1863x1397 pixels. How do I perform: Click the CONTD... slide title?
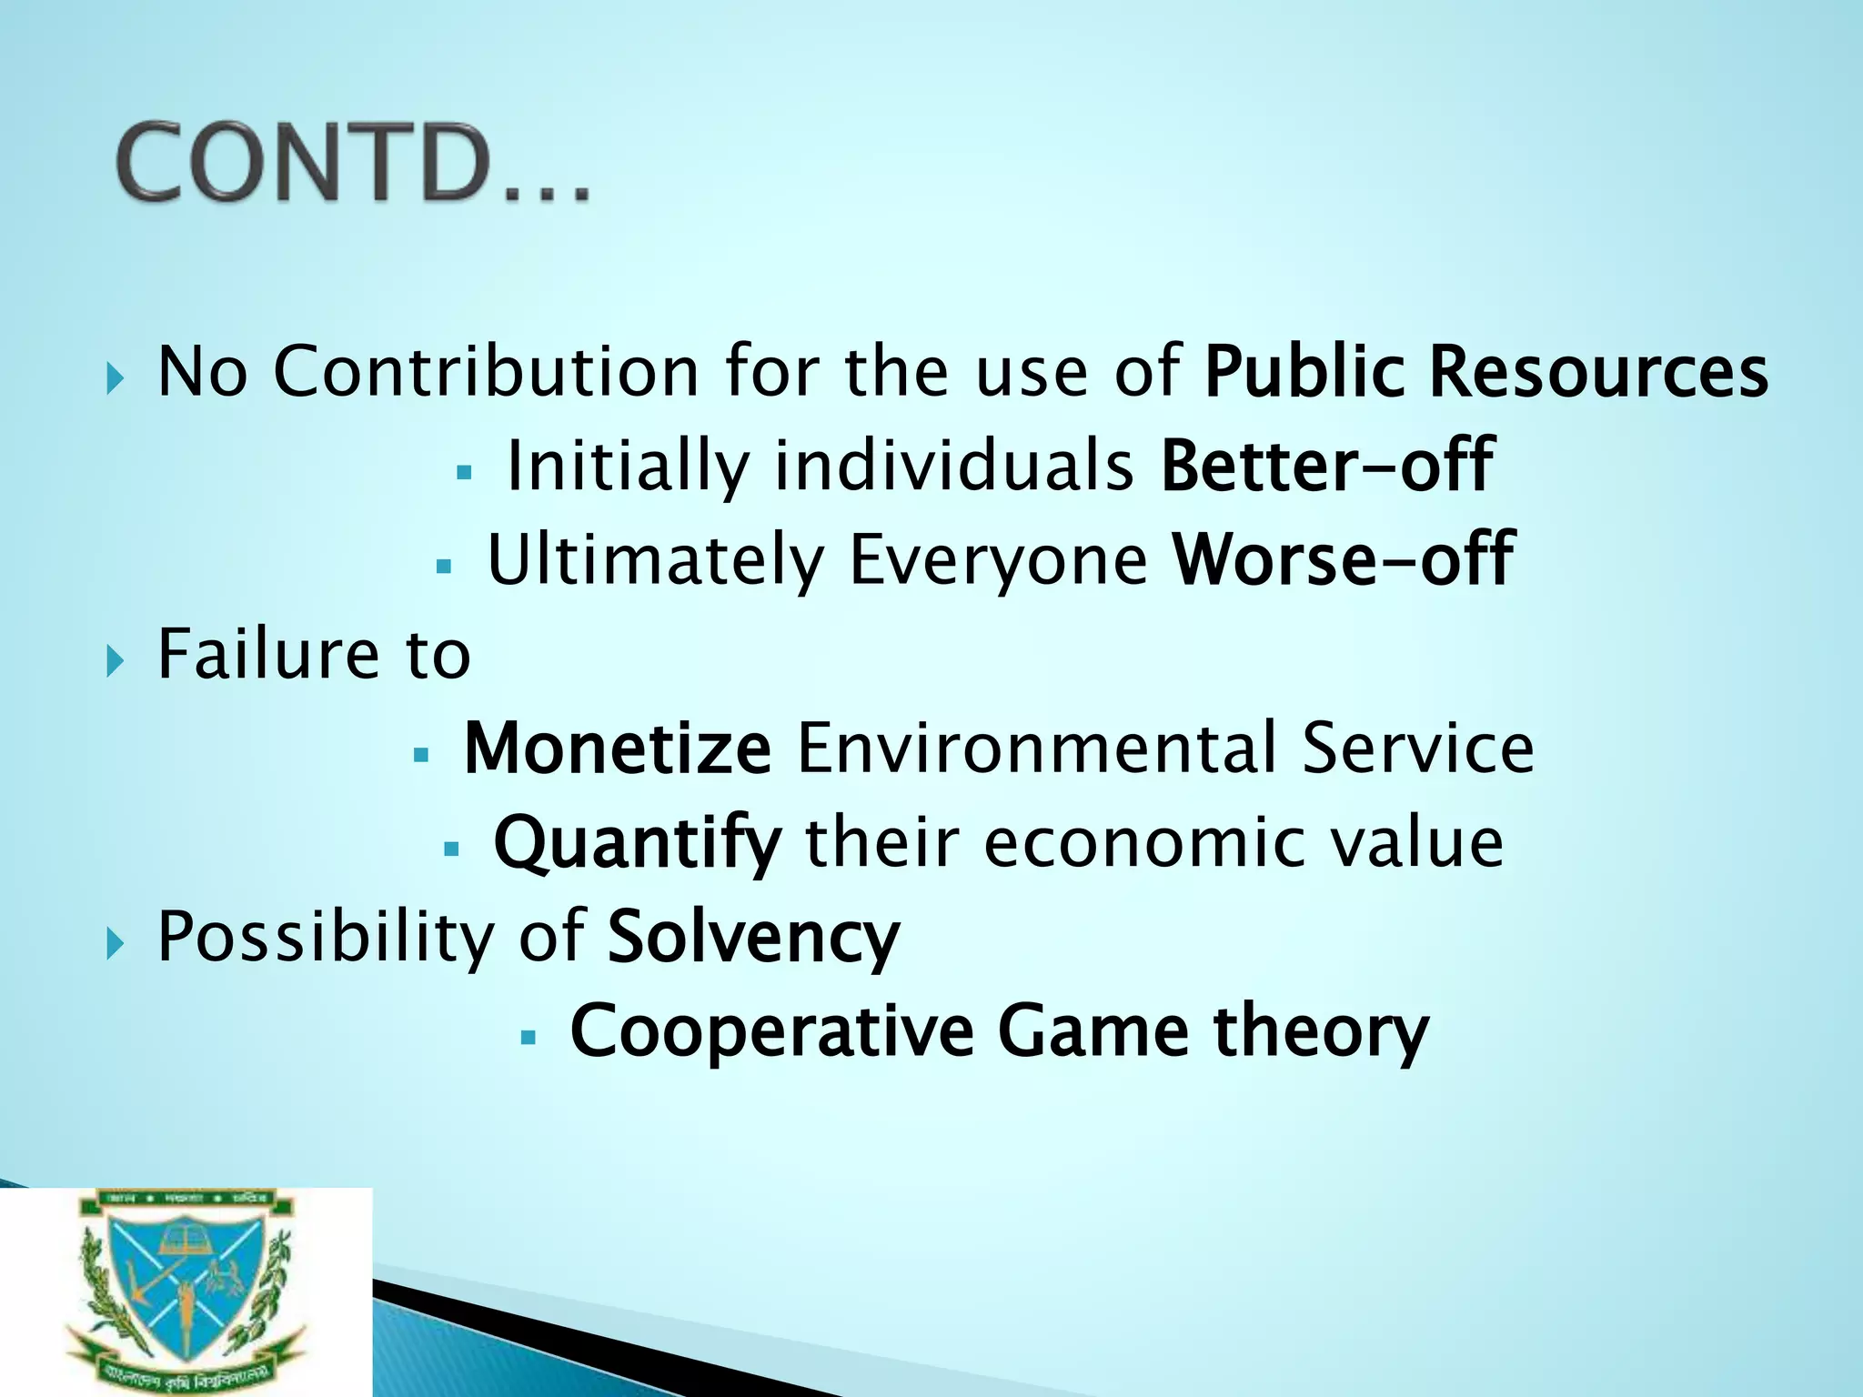[x=353, y=164]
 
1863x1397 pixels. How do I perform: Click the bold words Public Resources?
[x=1485, y=372]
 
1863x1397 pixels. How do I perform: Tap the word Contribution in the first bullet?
[x=486, y=372]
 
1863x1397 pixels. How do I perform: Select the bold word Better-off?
[x=1327, y=466]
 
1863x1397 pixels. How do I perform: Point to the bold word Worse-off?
[x=1343, y=559]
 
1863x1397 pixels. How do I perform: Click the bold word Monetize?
[x=618, y=748]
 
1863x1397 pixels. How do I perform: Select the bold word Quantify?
[x=637, y=843]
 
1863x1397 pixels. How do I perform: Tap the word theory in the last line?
[x=1321, y=1031]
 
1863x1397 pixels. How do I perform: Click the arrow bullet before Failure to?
[x=113, y=659]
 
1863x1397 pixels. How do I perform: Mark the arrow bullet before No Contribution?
[x=113, y=377]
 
